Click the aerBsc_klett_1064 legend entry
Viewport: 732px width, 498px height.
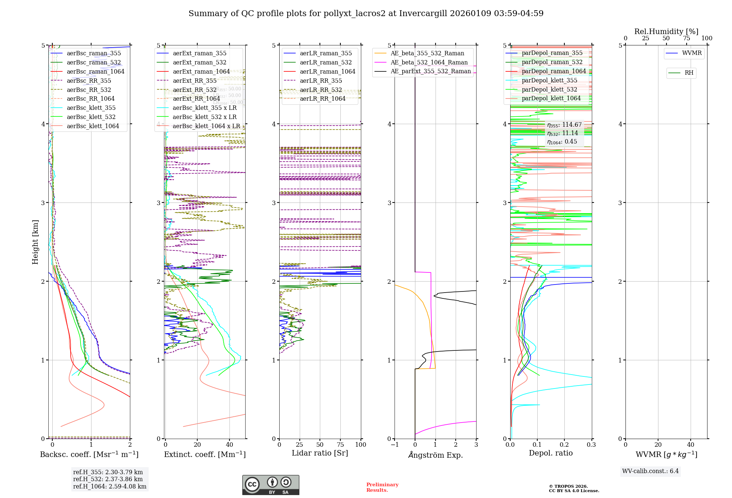pos(93,126)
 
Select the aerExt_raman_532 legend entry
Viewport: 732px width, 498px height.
pos(199,63)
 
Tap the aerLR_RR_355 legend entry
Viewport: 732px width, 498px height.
pos(321,81)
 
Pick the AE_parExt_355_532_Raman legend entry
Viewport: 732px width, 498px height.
pos(430,71)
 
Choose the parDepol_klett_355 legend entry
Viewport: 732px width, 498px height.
pos(549,81)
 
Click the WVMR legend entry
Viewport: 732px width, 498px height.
pos(691,53)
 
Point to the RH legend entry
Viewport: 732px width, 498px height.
pos(689,73)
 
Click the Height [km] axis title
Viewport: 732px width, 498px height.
pos(35,242)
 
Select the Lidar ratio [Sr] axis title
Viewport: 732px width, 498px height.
pos(320,453)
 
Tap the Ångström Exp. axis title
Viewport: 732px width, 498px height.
pos(435,455)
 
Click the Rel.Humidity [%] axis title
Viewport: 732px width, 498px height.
pos(666,31)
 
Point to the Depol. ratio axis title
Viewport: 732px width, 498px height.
pos(550,453)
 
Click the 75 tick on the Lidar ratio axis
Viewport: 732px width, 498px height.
pos(340,445)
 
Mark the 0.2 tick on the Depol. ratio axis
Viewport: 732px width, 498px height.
pos(564,445)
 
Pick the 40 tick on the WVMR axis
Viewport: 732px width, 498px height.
pos(690,445)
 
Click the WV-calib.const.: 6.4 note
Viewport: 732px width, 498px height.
pos(650,471)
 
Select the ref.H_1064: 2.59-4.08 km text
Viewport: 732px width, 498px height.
pos(109,487)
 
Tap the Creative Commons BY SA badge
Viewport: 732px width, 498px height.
pos(270,485)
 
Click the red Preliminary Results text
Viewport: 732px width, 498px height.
pos(382,487)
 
